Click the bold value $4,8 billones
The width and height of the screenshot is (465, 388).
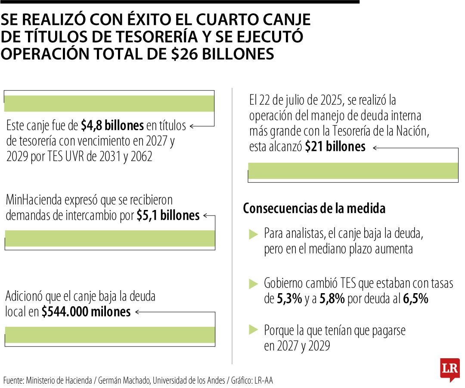click(x=112, y=126)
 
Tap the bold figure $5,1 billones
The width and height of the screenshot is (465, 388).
click(x=168, y=216)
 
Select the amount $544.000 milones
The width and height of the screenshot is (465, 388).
click(x=86, y=312)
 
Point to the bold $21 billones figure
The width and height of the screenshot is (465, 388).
click(x=335, y=147)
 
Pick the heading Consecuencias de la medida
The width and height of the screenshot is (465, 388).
click(x=314, y=209)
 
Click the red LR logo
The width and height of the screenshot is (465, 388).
click(x=449, y=369)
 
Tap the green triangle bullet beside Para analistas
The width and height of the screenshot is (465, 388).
click(x=253, y=235)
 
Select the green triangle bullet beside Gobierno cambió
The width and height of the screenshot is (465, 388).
click(x=253, y=284)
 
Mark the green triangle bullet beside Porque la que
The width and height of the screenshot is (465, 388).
click(x=253, y=331)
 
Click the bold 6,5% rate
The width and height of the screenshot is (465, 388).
click(x=415, y=299)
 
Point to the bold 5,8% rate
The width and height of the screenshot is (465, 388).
click(x=332, y=299)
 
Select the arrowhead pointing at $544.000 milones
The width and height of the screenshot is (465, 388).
click(x=137, y=312)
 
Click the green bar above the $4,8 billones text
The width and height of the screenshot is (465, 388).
click(x=109, y=103)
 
